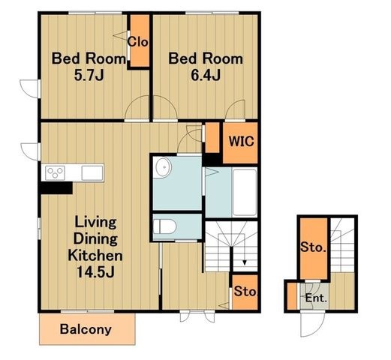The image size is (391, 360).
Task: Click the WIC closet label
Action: (x=241, y=142)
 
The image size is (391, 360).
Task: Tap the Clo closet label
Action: (x=137, y=42)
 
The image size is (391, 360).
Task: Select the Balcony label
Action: (x=86, y=330)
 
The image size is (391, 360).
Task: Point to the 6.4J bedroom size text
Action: (x=206, y=75)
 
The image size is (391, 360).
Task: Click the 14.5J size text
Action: (x=95, y=272)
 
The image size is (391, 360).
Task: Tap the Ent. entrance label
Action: (x=316, y=298)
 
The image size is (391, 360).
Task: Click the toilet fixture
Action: (x=164, y=226)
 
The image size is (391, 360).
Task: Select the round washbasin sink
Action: (x=163, y=166)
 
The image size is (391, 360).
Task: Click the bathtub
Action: (x=245, y=192)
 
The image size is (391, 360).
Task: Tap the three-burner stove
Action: (x=55, y=173)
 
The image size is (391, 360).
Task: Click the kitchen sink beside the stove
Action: (x=92, y=173)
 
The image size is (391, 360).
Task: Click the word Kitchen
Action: (x=95, y=256)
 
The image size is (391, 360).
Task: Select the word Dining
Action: (x=95, y=239)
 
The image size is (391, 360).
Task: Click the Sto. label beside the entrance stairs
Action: (x=313, y=247)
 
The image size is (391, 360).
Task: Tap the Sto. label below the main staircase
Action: (x=245, y=292)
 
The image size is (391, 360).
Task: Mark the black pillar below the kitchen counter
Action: (x=56, y=188)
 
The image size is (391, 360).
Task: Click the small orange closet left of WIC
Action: (x=212, y=137)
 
